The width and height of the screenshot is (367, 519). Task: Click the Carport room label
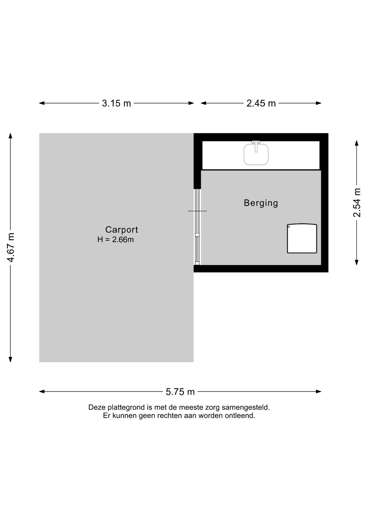(122, 229)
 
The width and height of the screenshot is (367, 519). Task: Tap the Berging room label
(261, 203)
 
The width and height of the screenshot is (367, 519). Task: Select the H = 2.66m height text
(116, 239)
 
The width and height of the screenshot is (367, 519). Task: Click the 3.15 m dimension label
(116, 103)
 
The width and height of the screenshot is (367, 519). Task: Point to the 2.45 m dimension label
(261, 103)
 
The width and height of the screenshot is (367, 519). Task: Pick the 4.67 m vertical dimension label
(11, 247)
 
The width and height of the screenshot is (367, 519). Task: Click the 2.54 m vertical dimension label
(357, 203)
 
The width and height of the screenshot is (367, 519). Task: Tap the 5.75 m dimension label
(180, 392)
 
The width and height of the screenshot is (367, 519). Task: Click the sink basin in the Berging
(256, 154)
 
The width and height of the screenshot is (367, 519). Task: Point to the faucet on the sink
(256, 146)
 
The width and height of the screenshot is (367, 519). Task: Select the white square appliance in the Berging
(302, 238)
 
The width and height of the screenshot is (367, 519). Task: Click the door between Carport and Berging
(197, 227)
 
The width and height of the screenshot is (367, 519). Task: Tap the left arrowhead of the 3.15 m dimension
(42, 103)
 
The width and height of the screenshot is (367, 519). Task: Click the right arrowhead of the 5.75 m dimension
(319, 391)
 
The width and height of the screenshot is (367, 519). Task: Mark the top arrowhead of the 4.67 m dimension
(11, 136)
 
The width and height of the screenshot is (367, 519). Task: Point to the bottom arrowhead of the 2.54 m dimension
(357, 262)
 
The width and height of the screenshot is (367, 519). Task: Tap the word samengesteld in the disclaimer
(246, 407)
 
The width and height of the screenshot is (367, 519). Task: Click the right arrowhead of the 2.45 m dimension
(319, 103)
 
